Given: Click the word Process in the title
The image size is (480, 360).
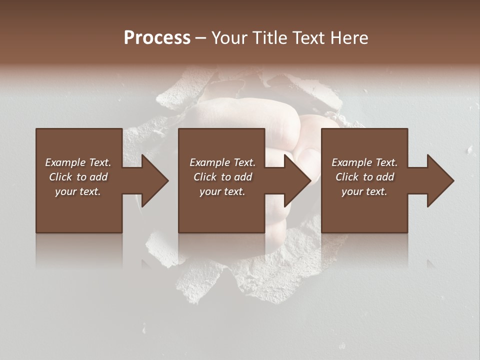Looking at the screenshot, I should coord(157,38).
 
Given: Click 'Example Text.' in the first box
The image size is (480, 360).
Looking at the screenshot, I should coord(78,162).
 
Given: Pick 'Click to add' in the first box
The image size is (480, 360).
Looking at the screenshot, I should coord(78,177).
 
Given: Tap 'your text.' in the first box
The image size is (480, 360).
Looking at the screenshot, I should coord(78,191).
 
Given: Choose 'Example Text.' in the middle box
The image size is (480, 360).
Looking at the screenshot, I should coord(222,162).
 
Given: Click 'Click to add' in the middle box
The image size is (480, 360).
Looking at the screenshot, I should coord(222,177).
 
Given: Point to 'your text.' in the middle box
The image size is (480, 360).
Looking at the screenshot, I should coord(222,191).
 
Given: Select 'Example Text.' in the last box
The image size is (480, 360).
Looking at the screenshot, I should coord(364,162).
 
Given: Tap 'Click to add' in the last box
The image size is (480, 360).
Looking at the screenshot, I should coord(364,177).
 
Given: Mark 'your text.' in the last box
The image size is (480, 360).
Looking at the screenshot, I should coord(364,191).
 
